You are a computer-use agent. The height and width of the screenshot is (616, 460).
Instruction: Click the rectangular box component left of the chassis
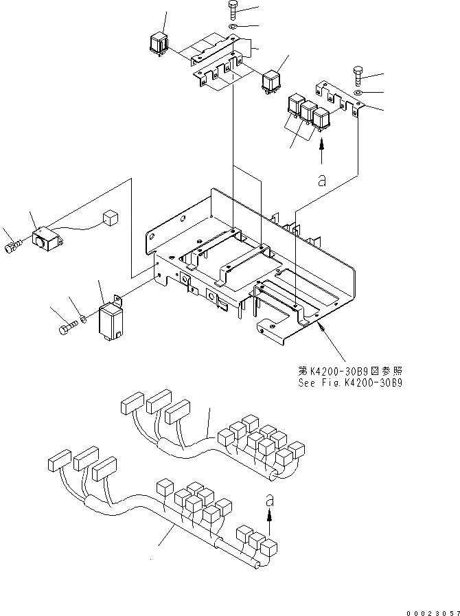click(x=111, y=319)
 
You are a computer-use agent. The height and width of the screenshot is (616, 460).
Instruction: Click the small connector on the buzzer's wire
click(x=108, y=218)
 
